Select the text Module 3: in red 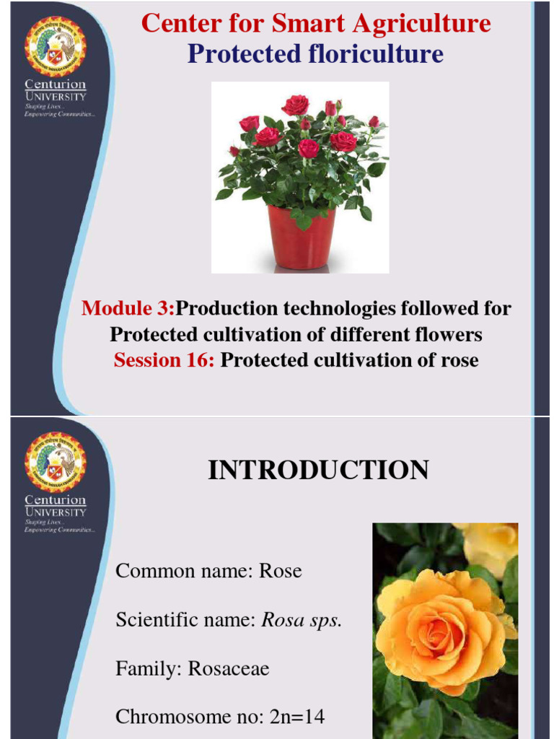click(x=128, y=309)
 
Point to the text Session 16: click(x=164, y=360)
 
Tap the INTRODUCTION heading click(x=318, y=471)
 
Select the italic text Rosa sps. click(x=301, y=620)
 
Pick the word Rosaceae click(x=229, y=668)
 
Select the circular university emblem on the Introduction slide click(x=56, y=463)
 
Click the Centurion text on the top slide click(x=56, y=85)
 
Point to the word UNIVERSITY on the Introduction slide click(x=56, y=512)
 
